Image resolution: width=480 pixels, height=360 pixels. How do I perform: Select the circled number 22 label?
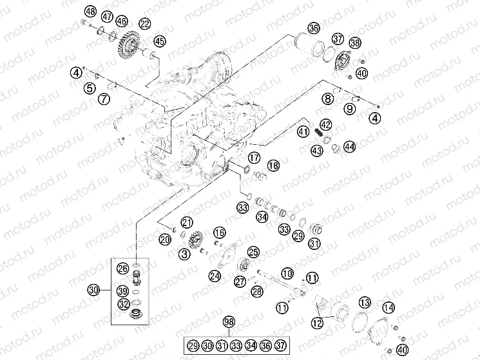coord(144,24)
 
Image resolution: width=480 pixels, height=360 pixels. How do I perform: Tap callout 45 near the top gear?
coord(159,41)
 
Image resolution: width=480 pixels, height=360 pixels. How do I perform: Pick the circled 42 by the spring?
coord(326,124)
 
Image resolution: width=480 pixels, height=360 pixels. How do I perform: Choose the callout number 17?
coord(254,157)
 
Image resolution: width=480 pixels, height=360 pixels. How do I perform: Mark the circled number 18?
coord(274,166)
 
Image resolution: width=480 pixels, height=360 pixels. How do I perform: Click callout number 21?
coord(187,222)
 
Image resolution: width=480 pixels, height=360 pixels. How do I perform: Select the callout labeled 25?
coord(253,252)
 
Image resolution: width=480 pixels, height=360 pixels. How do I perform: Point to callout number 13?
coord(365,302)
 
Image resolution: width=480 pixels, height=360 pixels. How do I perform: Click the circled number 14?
coord(389,307)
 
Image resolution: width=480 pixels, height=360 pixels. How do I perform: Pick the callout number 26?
coord(122,268)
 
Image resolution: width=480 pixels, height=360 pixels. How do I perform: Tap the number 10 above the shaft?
coord(287,273)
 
